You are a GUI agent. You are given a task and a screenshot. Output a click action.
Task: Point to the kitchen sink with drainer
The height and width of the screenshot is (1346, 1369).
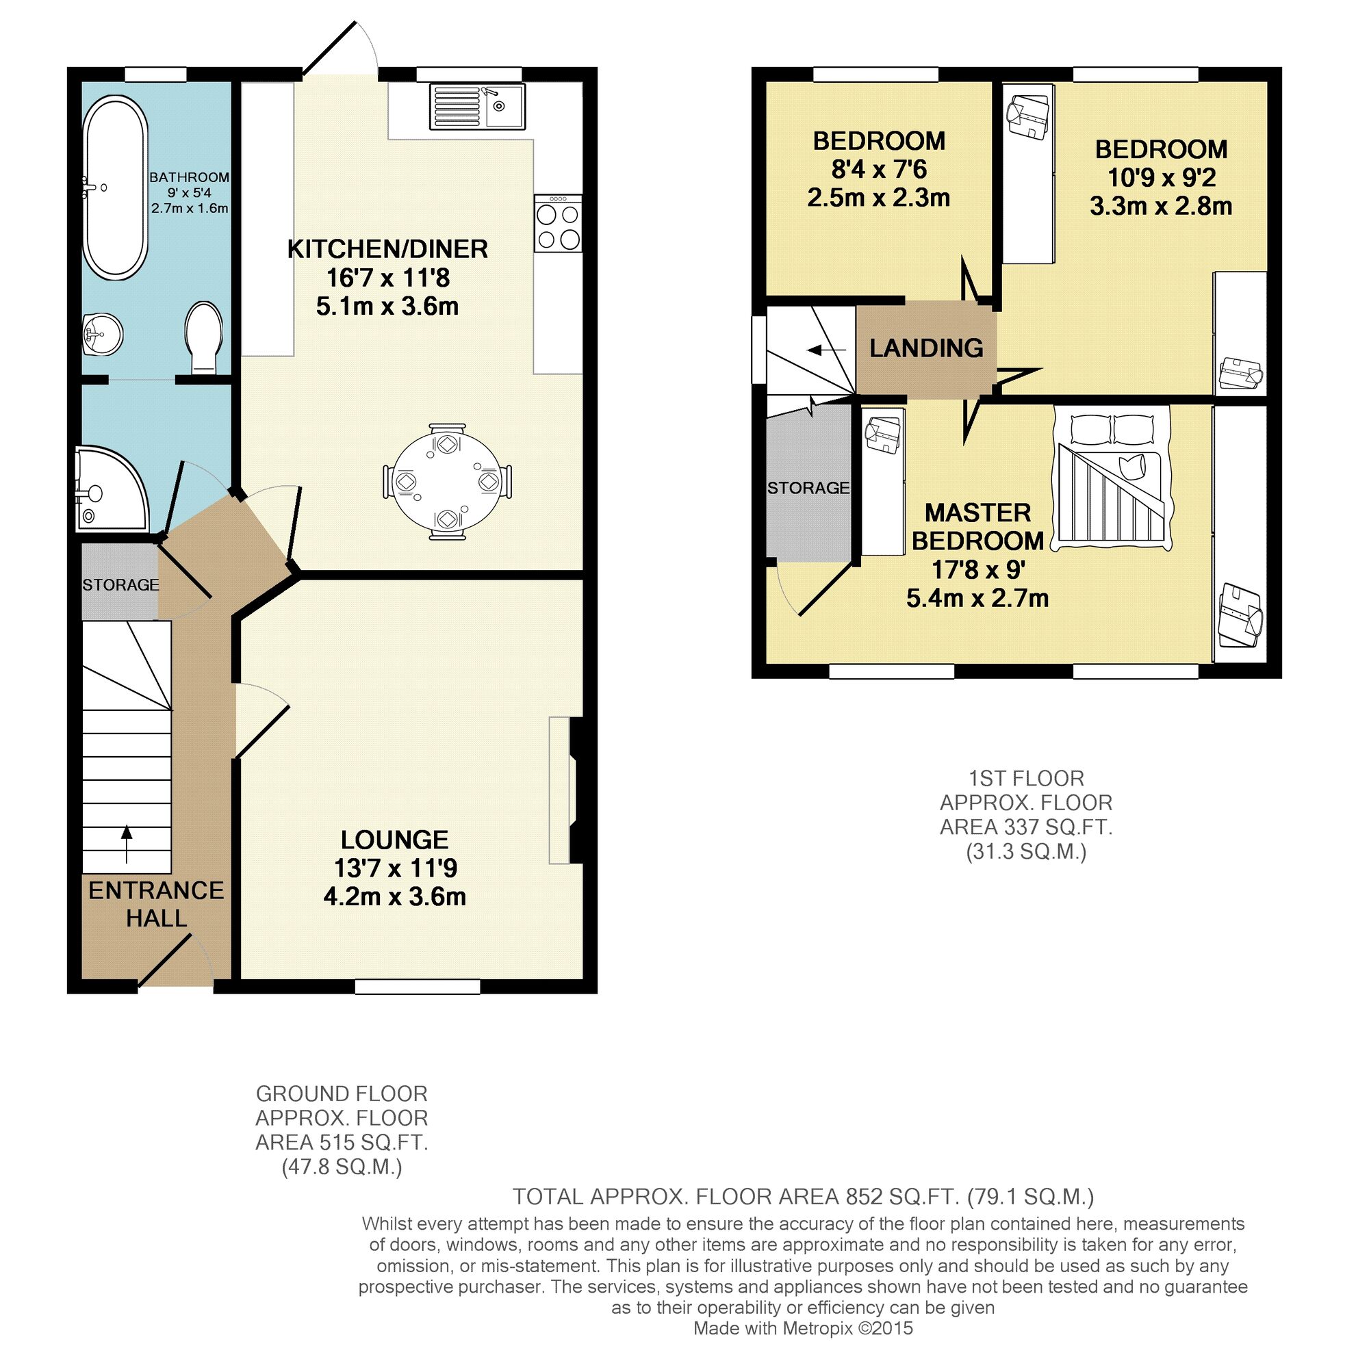[476, 107]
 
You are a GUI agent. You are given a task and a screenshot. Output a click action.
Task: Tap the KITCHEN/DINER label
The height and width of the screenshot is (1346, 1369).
[387, 249]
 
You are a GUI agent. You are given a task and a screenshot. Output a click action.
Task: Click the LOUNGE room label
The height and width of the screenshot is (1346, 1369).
[394, 839]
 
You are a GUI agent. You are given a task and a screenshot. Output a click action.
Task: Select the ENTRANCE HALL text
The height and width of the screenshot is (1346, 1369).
[155, 903]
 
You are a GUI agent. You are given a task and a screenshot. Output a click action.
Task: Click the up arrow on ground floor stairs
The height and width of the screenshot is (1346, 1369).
[127, 843]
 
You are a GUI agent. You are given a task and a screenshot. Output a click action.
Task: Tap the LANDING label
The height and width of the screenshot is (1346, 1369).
[925, 348]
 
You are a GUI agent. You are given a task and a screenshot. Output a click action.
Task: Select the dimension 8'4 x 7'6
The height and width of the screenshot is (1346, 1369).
[878, 170]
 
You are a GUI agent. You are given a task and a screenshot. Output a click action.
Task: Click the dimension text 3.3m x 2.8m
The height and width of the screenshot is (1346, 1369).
[1160, 207]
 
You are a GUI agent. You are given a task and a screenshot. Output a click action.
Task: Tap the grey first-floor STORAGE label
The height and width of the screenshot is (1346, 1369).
[808, 488]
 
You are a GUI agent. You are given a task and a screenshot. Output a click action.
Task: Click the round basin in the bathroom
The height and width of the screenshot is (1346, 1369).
[103, 333]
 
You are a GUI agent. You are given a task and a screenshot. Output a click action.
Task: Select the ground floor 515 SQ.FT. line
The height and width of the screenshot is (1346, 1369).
[342, 1141]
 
